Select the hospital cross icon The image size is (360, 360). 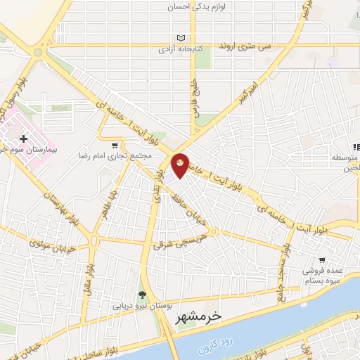pyautogui.click(x=23, y=139)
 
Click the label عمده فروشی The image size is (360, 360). pyautogui.click(x=322, y=271)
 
